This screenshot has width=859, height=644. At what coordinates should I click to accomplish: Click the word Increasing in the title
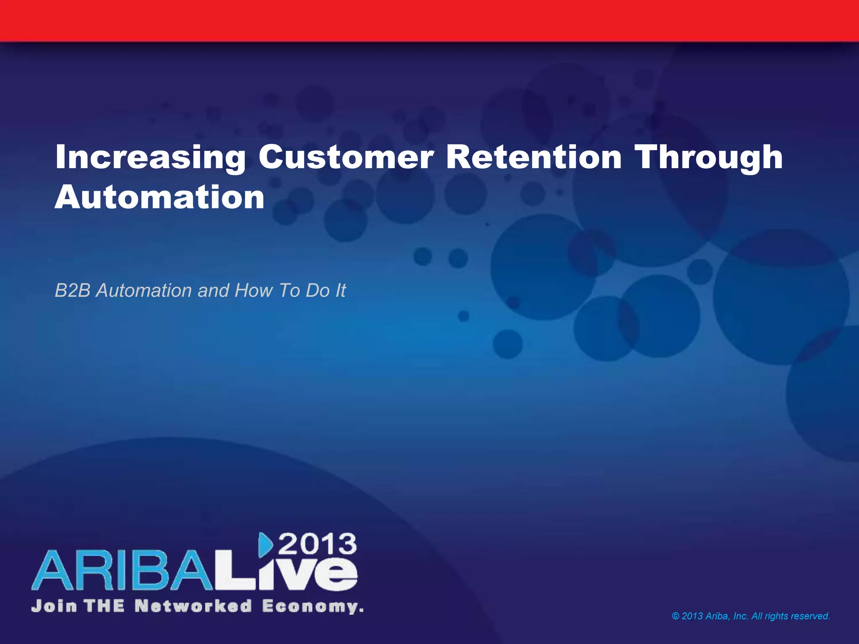click(150, 157)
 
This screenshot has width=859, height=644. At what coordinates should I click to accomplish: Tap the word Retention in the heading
click(534, 157)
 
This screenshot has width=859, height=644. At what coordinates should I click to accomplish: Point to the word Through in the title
click(709, 157)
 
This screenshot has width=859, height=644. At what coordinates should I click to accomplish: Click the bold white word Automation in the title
click(159, 197)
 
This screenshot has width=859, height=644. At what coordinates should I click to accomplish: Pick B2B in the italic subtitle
click(73, 291)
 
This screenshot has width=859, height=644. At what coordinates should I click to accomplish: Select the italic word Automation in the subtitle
click(144, 291)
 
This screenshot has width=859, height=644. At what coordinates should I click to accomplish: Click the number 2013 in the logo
click(318, 545)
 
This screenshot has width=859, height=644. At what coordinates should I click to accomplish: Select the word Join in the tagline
click(54, 606)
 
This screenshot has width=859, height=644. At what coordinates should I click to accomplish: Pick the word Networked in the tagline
click(193, 606)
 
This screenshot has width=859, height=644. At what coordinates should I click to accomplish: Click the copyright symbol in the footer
click(675, 616)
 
